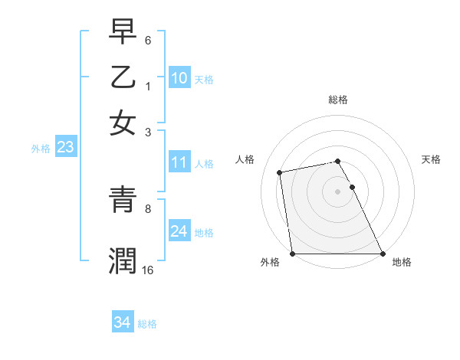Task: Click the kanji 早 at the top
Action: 123,33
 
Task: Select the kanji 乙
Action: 123,78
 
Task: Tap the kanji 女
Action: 123,123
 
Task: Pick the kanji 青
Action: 123,201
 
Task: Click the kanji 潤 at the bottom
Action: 123,260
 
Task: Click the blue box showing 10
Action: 179,77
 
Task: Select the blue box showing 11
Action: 179,162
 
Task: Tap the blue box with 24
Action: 179,231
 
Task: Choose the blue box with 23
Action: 65,147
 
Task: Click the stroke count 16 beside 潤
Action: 148,270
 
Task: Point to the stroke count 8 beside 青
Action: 148,208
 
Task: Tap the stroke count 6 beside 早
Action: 148,39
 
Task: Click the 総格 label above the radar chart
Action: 338,100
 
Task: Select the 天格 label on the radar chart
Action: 431,159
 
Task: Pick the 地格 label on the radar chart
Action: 402,262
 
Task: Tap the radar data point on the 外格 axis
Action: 293,254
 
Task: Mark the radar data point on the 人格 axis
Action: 281,172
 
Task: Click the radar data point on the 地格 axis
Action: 383,254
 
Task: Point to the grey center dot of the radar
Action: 338,191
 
